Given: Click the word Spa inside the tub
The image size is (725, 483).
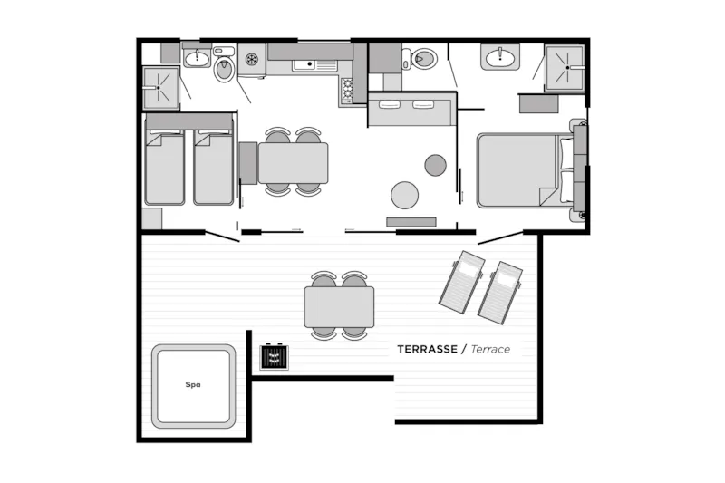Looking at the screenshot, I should tap(192, 384).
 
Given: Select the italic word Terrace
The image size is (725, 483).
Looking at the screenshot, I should tap(489, 349).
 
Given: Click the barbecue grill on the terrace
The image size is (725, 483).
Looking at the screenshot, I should tap(274, 357).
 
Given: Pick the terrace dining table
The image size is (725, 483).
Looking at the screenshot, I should tap(340, 306).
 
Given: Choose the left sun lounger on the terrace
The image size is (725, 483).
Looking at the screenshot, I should tap(462, 282).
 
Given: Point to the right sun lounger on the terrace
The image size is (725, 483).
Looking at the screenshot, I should tap(501, 292).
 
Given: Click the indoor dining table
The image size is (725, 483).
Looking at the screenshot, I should tap(293, 163).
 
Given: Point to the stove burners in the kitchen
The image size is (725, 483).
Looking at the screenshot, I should tap(345, 90).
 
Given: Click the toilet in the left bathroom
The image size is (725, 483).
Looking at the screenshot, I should tap(224, 68).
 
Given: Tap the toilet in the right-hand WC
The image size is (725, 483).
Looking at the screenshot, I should tap(422, 59).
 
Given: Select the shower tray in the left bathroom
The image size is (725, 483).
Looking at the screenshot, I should tap(160, 88).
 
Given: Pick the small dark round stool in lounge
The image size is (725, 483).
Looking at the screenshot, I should tap(436, 165).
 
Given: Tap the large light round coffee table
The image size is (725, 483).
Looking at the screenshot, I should tap(405, 195).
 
